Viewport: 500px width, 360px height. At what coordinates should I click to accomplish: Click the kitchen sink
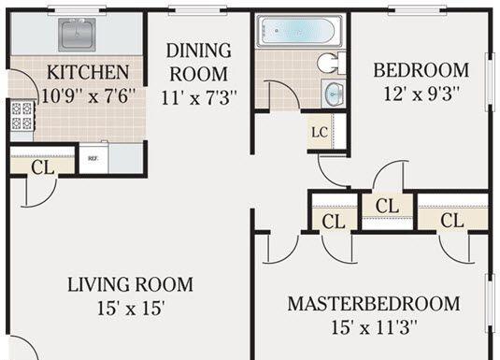[77, 35]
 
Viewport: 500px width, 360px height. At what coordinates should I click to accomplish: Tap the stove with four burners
[22, 116]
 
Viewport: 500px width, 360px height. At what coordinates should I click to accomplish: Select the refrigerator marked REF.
[93, 159]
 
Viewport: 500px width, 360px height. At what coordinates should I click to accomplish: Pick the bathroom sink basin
[334, 94]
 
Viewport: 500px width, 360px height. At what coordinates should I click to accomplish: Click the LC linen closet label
[320, 132]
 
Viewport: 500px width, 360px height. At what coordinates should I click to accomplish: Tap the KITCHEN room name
[88, 72]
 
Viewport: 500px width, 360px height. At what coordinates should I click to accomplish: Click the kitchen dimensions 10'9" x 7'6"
[89, 95]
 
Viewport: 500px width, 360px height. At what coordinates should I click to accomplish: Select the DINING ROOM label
[199, 62]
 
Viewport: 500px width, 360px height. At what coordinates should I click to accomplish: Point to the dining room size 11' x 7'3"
[199, 97]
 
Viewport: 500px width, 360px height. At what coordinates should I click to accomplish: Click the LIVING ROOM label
[131, 284]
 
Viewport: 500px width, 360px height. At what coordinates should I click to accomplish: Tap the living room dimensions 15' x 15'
[131, 309]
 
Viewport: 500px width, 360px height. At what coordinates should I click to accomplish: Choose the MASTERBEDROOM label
[374, 304]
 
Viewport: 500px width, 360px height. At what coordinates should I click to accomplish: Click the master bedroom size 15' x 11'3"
[374, 327]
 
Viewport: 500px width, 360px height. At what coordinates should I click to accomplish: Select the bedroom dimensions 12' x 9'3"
[421, 94]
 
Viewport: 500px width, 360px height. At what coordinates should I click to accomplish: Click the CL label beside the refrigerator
[43, 167]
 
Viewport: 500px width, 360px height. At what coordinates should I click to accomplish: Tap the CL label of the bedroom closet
[387, 206]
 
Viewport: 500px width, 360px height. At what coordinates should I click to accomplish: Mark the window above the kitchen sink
[77, 12]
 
